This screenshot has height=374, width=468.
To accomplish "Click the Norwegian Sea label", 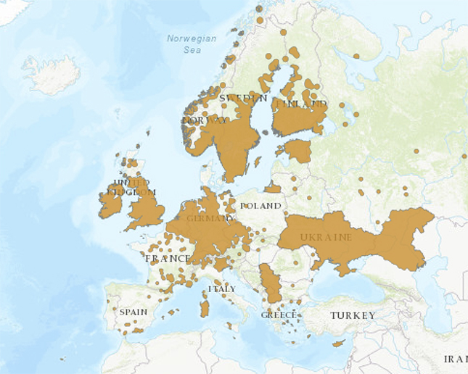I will point(192,44).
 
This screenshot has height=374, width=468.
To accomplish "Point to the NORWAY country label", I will point(204,120).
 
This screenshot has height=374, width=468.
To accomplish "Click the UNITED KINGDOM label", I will point(131,187).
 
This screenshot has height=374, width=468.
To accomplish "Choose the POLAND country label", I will point(260,206).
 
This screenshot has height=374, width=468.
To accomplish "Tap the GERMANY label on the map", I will point(210,218).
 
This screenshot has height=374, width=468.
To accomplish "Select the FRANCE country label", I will point(168,258).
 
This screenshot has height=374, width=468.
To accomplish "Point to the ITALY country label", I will point(222,288).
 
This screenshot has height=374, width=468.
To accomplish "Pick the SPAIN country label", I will point(134,312).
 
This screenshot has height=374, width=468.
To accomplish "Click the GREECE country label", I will point(279,315).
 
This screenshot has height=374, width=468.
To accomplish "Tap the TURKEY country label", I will point(353,315).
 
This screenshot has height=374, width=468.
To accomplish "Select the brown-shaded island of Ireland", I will point(110,204).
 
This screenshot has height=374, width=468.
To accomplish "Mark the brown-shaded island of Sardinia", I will point(205,307).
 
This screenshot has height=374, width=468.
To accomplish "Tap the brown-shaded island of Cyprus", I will point(339,343).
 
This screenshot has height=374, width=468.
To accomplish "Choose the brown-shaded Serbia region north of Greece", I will point(270,283).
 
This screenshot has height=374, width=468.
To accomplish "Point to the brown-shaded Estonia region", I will point(297,151).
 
